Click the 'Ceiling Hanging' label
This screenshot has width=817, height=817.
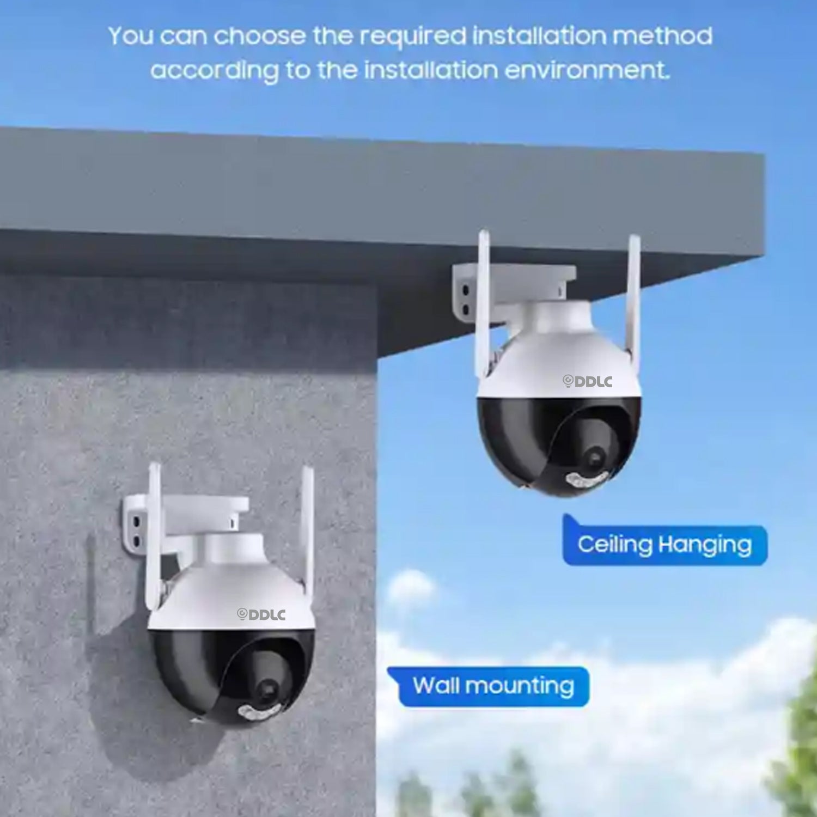[x=664, y=544]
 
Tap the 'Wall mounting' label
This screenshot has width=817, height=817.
[x=493, y=686]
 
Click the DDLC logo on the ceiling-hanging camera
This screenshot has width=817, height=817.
[x=587, y=381]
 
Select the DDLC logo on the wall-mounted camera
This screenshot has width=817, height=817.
[x=261, y=614]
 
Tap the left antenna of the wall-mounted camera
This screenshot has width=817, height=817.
[x=153, y=536]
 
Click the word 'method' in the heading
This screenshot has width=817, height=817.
[x=662, y=36]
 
